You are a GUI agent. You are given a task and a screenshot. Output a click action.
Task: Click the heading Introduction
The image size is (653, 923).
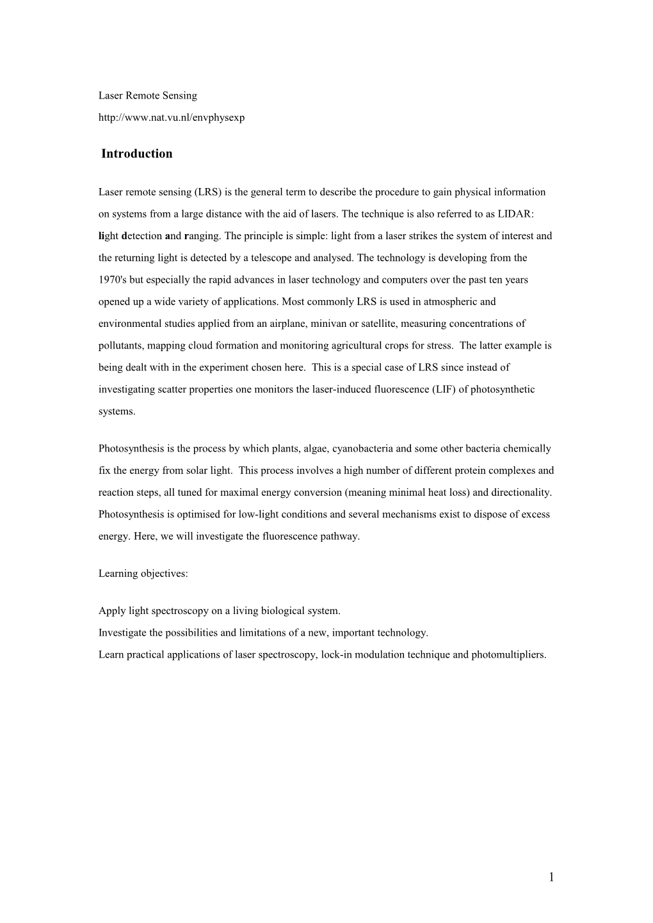[x=136, y=154]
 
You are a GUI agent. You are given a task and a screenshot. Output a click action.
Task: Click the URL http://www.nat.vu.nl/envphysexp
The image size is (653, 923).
[x=172, y=118]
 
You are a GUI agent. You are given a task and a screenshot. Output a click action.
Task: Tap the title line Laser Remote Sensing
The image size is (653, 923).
[x=148, y=96]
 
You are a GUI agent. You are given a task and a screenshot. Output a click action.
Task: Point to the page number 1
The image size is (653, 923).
[x=551, y=878]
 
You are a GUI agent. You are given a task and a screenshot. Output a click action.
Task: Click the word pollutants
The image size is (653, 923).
[x=121, y=345]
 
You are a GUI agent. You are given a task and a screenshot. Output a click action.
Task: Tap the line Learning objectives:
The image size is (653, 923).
[x=143, y=574]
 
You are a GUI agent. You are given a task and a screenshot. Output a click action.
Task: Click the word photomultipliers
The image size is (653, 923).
[x=509, y=655]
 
